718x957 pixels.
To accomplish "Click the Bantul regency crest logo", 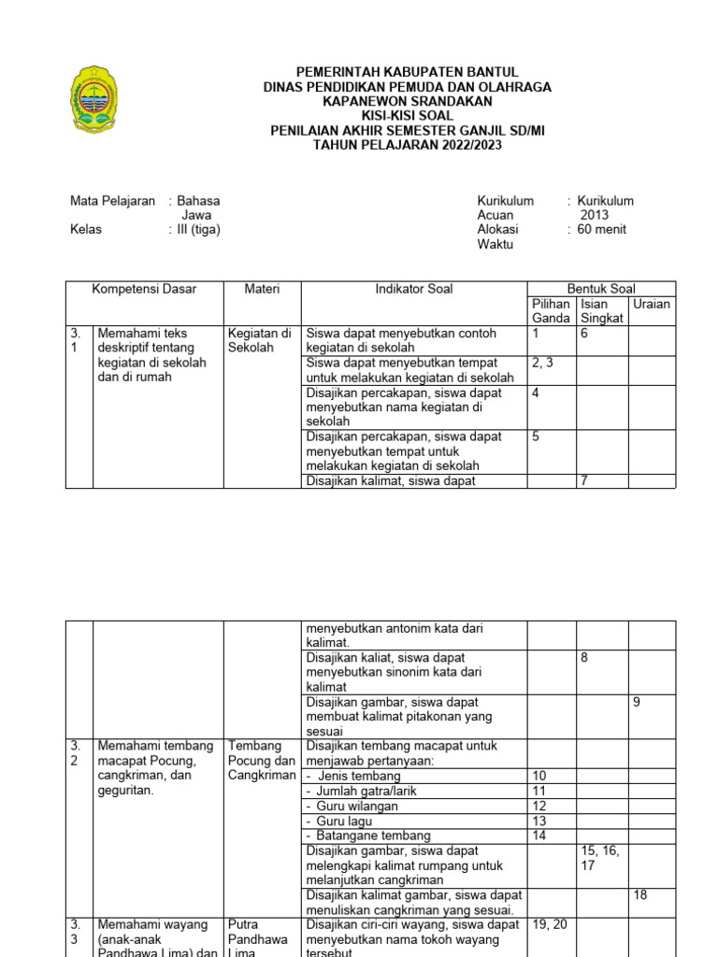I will tap(94, 99).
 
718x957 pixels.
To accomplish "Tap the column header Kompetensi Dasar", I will tap(144, 290).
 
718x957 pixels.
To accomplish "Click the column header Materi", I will tap(262, 290).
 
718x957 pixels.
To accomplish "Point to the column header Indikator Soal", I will tap(413, 290).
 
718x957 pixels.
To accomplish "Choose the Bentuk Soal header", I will tap(601, 290).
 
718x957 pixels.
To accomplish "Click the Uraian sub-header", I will tap(652, 305).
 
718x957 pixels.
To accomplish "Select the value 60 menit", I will tap(602, 230).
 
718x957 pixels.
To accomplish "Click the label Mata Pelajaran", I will tap(113, 201).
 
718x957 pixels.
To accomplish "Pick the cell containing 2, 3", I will tap(542, 363).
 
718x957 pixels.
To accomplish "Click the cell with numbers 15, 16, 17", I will tap(600, 858).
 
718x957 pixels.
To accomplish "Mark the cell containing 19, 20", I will tap(549, 924).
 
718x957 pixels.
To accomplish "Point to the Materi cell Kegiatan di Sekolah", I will tap(260, 340).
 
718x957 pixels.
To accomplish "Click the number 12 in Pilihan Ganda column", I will tap(539, 806).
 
